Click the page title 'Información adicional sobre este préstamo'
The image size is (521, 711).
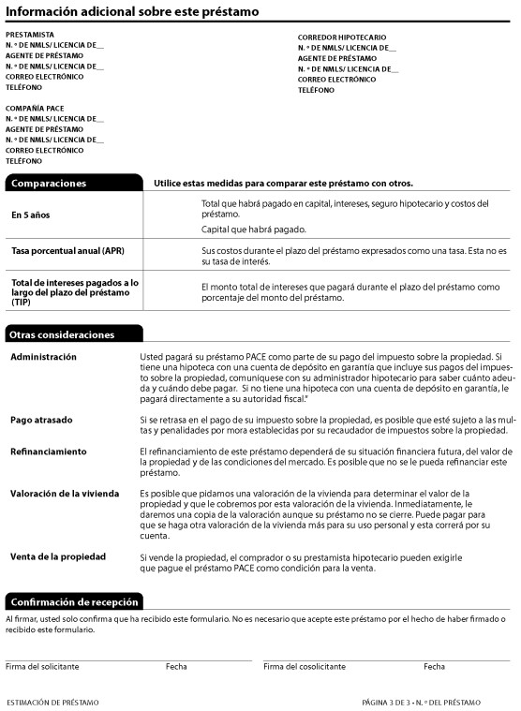point(133,11)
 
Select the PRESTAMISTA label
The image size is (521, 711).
point(30,35)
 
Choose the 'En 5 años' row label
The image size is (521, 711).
point(31,215)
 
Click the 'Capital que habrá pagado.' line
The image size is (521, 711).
point(253,230)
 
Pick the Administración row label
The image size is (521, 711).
point(43,357)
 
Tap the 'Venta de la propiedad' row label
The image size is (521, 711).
point(59,556)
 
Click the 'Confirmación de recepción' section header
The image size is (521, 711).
point(74,601)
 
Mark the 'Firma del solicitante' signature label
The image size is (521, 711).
point(42,667)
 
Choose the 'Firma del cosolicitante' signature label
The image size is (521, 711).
point(305,667)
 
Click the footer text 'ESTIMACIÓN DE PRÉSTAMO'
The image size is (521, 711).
point(52,702)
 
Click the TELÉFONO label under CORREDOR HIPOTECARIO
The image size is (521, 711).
point(318,91)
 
